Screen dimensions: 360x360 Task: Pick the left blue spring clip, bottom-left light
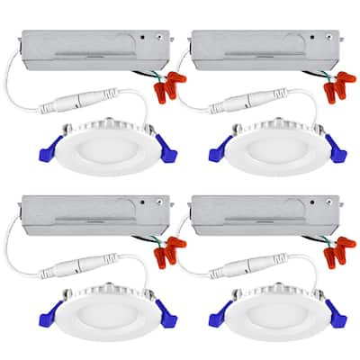coord(40,316)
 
